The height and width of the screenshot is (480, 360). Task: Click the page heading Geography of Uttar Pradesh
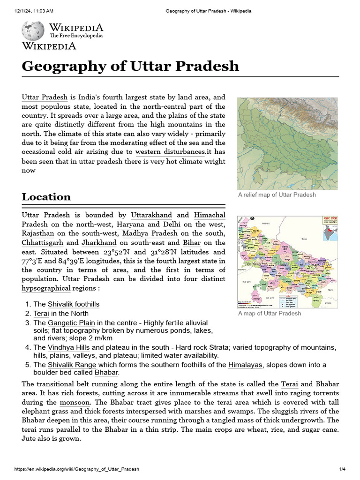pos(130,66)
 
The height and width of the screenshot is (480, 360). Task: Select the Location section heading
pos(46,196)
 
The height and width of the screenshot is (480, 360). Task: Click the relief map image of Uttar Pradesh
pos(287,143)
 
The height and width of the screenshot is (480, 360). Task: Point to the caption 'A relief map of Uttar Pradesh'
pos(277,195)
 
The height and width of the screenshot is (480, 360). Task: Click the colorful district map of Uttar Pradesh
pos(287,262)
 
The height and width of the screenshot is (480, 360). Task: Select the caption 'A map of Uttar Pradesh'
pos(270,313)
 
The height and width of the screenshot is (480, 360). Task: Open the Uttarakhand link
pos(151,215)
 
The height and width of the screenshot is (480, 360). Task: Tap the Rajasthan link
pos(37,233)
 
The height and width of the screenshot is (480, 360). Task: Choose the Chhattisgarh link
pos(42,242)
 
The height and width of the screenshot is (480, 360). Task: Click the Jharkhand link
pos(99,242)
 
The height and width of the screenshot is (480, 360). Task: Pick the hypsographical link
pos(46,288)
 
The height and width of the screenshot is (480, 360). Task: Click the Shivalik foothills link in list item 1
pos(74,304)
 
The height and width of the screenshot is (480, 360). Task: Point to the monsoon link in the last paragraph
pos(75,402)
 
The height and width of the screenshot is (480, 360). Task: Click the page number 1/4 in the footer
pos(342,469)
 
